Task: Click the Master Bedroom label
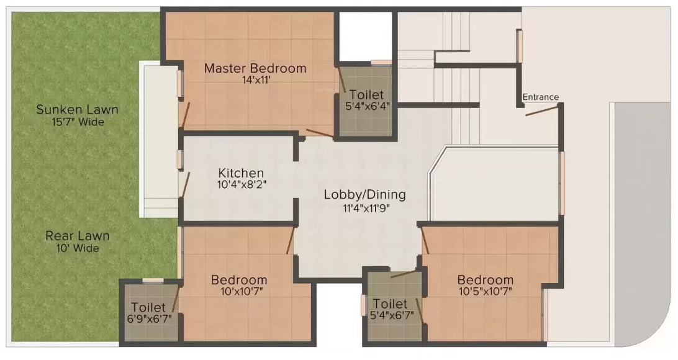[255, 68]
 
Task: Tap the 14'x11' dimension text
[257, 79]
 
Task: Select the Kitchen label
[241, 173]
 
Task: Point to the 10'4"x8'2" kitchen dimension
[242, 184]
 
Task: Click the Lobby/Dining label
[365, 195]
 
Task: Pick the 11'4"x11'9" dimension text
[366, 208]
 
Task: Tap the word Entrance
[541, 97]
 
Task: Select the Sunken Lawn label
[77, 109]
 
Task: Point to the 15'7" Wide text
[78, 122]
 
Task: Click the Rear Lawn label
[78, 236]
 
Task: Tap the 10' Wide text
[78, 248]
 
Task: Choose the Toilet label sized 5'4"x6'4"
[367, 94]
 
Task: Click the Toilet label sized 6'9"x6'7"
[148, 307]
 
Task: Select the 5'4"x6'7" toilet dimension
[392, 315]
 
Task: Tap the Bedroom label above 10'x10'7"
[239, 279]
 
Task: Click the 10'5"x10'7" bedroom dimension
[486, 291]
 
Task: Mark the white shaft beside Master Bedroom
[365, 37]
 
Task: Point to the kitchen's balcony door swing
[186, 185]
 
